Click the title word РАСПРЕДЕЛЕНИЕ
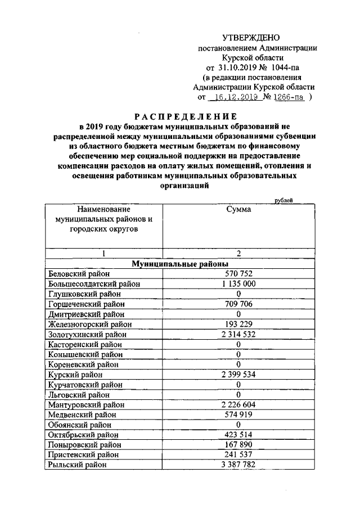coord(180,116)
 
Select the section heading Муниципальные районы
coord(180,263)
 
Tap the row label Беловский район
coord(75,273)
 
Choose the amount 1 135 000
coord(238,283)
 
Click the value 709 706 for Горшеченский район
coord(238,304)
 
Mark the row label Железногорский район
coord(90,324)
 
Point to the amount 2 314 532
coord(238,334)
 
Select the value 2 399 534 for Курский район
coord(238,374)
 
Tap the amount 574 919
coord(238,415)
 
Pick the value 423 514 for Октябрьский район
coord(238,434)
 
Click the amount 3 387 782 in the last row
coord(238,465)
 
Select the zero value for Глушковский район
coord(238,294)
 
